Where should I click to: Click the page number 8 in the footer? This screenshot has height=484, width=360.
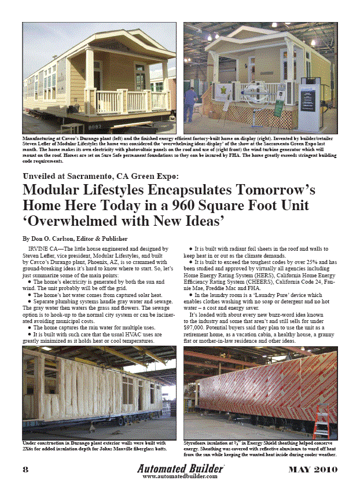tap(25, 468)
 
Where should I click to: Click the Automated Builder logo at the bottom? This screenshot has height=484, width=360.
tap(179, 467)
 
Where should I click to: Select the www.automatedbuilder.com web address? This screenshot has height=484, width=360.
tap(179, 476)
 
